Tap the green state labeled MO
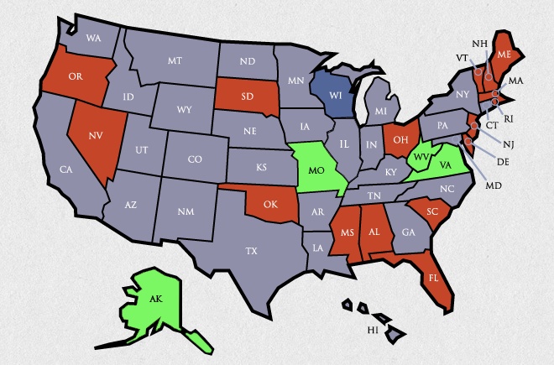[x=317, y=170]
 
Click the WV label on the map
[x=421, y=158]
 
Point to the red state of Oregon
[x=74, y=77]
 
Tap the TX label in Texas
[x=251, y=250]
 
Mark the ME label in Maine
[x=504, y=52]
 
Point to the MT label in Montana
[x=175, y=60]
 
